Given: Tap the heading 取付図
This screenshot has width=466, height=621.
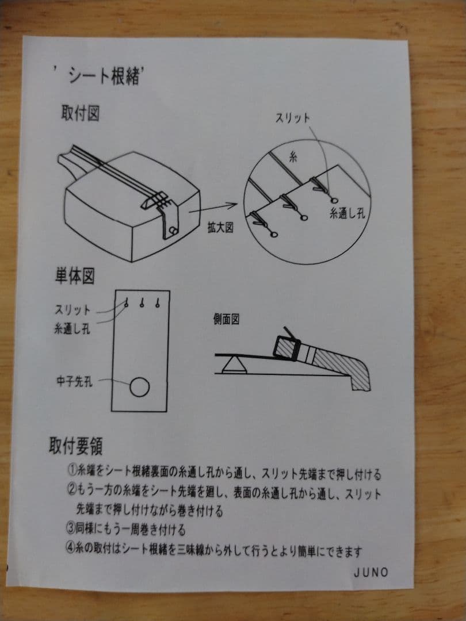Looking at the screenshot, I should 81,113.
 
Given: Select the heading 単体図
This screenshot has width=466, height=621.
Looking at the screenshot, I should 75,277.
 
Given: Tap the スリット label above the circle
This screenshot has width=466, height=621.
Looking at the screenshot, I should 292,118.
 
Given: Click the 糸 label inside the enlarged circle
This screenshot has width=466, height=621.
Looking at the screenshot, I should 292,156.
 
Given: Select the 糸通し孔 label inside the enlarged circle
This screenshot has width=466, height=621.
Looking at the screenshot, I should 347,213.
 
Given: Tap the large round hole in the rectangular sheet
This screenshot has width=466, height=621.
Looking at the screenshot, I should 139,388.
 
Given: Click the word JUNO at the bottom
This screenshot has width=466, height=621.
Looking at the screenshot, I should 371,572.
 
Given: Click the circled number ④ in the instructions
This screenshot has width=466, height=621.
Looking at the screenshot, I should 72,551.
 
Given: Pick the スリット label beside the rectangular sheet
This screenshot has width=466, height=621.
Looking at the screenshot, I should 72,309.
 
